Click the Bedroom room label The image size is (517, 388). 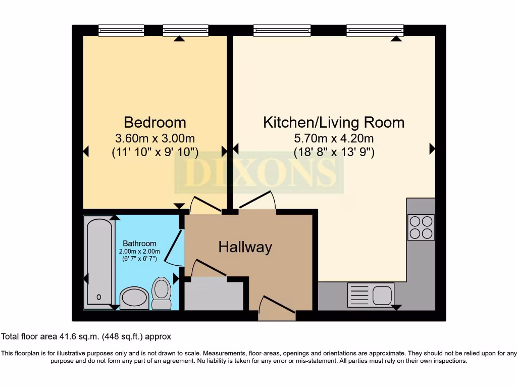click(155, 122)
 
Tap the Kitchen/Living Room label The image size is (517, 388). click(334, 122)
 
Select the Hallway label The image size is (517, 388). click(245, 247)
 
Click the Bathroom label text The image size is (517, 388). click(139, 244)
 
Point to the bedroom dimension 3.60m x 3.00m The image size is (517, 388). click(155, 138)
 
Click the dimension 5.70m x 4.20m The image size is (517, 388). click(334, 138)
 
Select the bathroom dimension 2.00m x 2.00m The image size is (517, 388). click(139, 252)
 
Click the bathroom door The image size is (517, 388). click(175, 247)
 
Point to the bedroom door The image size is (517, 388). click(205, 204)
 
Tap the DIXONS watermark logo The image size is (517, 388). click(259, 173)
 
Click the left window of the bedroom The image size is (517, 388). click(121, 31)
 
